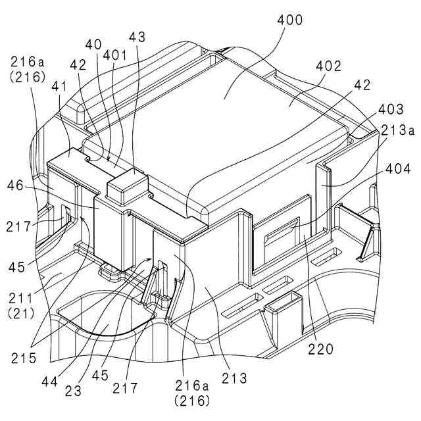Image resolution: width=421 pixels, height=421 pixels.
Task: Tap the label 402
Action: click(x=328, y=66)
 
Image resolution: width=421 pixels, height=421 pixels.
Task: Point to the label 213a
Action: click(x=397, y=130)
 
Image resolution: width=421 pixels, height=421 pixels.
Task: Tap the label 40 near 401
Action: click(x=93, y=45)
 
